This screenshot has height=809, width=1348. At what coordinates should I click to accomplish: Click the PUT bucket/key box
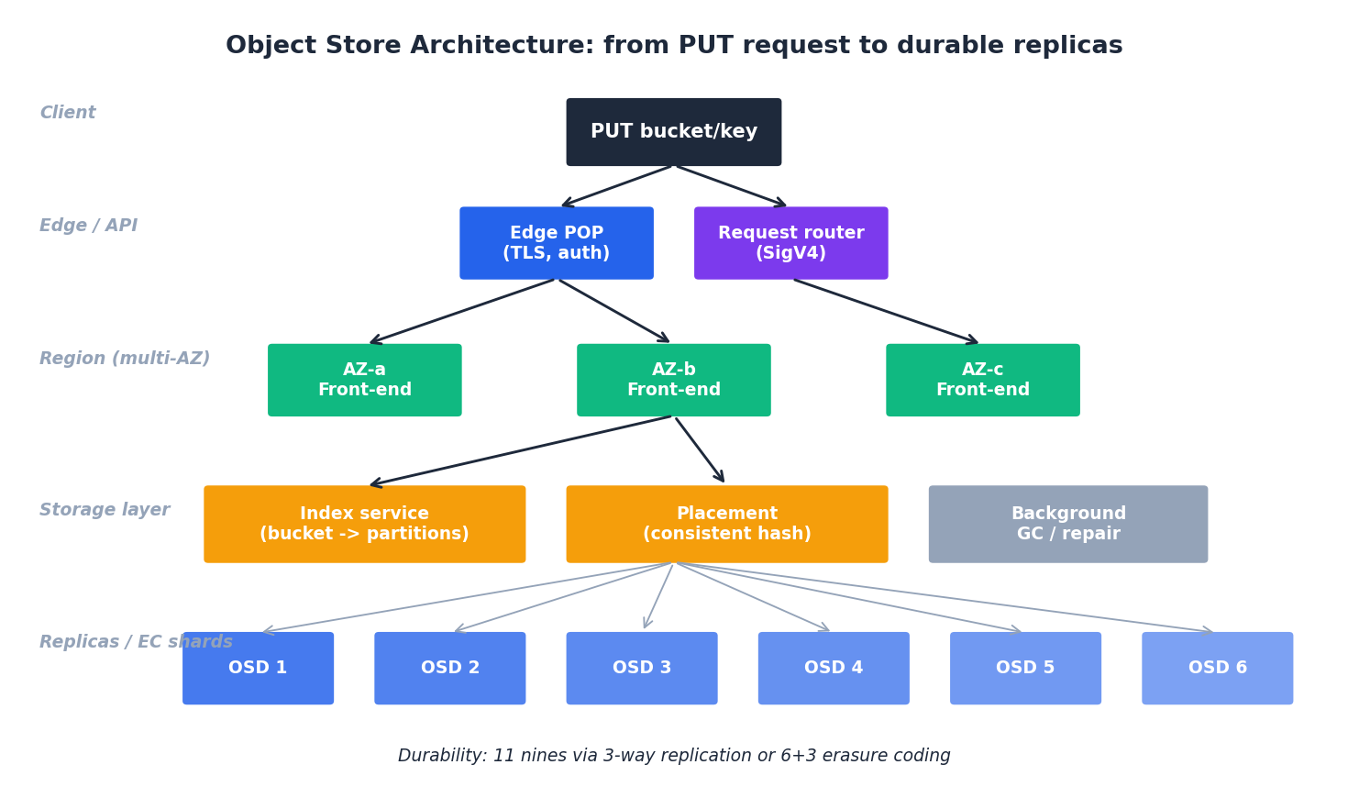click(674, 132)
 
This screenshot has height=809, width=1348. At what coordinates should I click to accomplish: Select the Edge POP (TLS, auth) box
click(557, 243)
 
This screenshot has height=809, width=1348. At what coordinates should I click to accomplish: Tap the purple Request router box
click(790, 243)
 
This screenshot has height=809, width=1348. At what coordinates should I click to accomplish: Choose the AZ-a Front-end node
click(365, 380)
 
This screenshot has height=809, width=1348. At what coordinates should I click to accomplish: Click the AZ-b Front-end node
click(674, 380)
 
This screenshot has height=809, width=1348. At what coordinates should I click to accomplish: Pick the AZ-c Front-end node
click(983, 380)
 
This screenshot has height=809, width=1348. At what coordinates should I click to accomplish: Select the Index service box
click(365, 524)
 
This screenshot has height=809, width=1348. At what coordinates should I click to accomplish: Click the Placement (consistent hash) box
click(727, 524)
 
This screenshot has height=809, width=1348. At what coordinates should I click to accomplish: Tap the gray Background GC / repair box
click(1068, 524)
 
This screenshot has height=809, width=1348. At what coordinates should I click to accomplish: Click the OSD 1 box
click(258, 668)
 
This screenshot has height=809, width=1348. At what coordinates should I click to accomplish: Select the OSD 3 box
click(642, 668)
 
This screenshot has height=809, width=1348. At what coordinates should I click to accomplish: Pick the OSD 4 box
click(834, 668)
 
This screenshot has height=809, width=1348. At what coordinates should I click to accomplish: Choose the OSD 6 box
click(1217, 668)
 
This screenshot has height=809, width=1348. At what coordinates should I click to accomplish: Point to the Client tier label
click(68, 113)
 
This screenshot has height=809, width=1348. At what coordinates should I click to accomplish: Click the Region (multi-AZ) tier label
click(125, 359)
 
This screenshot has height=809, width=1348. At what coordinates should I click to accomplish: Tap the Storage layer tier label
click(105, 510)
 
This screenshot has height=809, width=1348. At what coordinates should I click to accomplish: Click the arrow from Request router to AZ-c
click(886, 311)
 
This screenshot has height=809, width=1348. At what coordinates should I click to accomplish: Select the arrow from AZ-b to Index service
click(521, 450)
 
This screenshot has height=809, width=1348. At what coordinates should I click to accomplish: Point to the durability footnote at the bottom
click(674, 756)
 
